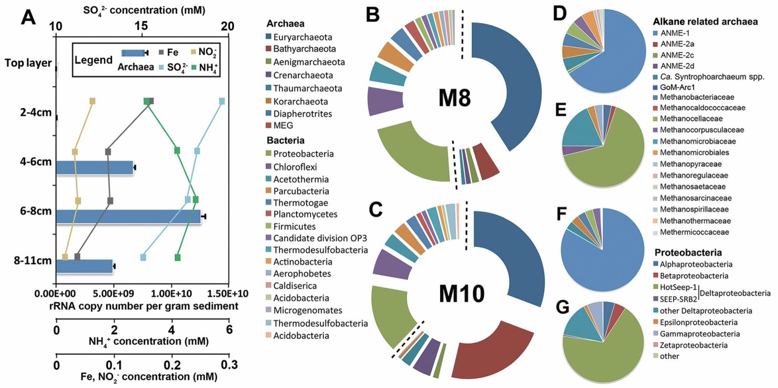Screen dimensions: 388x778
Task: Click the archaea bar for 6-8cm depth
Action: click(128, 216)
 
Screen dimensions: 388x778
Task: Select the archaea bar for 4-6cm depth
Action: click(94, 167)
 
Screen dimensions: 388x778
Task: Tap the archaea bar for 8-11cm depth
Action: click(85, 266)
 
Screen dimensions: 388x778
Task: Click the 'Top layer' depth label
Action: click(28, 63)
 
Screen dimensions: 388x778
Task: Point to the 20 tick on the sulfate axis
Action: click(228, 27)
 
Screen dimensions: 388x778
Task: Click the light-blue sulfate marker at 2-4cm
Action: click(222, 101)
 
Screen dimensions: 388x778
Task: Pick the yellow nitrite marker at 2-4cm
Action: click(92, 101)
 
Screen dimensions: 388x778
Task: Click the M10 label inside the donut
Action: click(461, 294)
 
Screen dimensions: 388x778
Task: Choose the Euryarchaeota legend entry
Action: click(302, 37)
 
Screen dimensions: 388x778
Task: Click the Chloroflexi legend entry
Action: click(295, 167)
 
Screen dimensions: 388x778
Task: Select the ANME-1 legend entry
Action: click(674, 33)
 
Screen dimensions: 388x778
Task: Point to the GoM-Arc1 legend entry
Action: click(677, 87)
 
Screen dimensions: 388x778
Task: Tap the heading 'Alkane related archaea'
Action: click(705, 21)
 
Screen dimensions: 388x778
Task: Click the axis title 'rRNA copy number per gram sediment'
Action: click(144, 306)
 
